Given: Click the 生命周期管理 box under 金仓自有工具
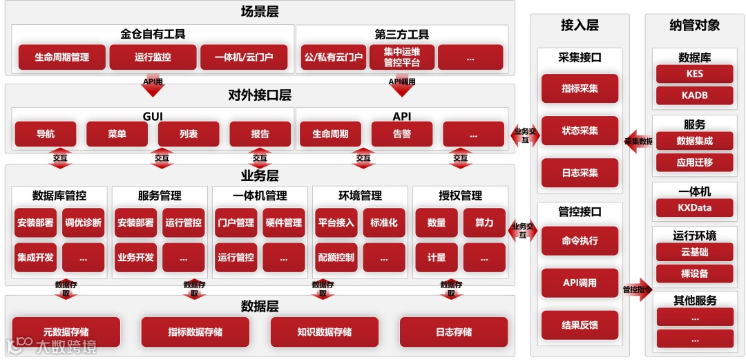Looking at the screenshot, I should pos(61,57).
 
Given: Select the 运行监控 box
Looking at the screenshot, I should pos(153,57).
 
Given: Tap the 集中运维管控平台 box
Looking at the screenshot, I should pos(401,57).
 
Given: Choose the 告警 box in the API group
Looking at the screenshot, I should pos(401,134).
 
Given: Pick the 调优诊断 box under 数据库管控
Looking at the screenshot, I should pos(83,222).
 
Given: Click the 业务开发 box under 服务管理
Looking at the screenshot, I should pos(135,258).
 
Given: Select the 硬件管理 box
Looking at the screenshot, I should pos(283,222).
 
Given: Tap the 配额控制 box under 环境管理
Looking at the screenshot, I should pos(336,258).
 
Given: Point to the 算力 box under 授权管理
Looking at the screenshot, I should pos(484,222).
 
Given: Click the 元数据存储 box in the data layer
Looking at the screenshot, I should pos(66,332).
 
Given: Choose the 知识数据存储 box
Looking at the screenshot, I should pos(324,332).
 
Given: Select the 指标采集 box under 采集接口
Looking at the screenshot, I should pos(580,88).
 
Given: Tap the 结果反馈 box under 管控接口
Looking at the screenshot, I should pos(580,325).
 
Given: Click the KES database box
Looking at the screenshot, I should pos(694,74).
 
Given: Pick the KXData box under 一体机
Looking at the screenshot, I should pos(694,207).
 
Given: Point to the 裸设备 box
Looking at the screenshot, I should pos(694,274).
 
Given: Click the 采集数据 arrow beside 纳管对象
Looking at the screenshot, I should pos(638,141).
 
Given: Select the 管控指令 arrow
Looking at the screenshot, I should pos(636,290).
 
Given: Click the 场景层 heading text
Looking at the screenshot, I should pos(260,12).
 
